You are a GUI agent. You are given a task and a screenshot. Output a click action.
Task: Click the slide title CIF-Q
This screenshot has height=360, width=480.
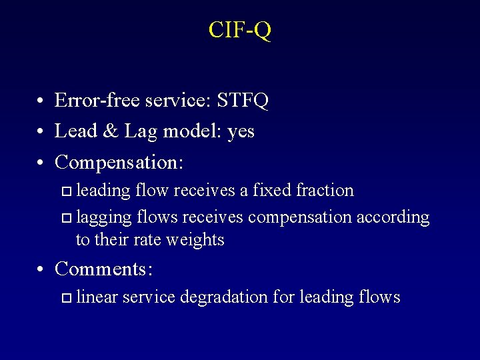pos(239,31)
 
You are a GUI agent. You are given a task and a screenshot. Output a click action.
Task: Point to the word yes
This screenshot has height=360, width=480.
pos(240,132)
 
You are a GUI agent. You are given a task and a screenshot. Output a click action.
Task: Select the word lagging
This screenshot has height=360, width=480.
pos(103,218)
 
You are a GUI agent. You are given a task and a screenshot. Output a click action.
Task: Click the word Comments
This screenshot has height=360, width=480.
pos(103,269)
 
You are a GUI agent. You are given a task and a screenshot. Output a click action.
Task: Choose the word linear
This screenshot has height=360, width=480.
pos(97,297)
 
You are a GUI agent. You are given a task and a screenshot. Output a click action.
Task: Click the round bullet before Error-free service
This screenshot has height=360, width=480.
pos(41,102)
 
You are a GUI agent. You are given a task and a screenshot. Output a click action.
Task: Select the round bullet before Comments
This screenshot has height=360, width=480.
pos(41,270)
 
